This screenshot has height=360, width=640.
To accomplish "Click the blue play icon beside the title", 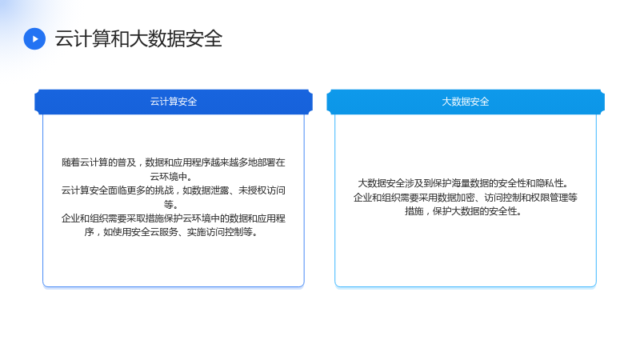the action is click(x=34, y=38).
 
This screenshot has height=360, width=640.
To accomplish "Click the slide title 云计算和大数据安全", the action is click(x=138, y=38).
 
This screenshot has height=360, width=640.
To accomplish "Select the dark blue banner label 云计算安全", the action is click(x=174, y=102).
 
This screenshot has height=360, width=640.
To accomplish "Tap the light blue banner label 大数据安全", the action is click(x=466, y=102).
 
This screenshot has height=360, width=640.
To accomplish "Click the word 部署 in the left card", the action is click(x=266, y=162).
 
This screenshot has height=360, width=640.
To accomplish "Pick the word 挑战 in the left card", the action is click(x=164, y=190).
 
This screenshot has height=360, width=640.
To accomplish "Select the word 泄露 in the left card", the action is click(x=219, y=190).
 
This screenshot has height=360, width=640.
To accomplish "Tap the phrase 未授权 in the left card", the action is click(x=252, y=190).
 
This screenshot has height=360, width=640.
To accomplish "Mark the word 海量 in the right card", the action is click(x=461, y=183).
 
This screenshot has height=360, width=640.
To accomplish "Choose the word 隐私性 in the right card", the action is click(x=549, y=183).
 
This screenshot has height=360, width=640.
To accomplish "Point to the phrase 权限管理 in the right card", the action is click(x=550, y=198).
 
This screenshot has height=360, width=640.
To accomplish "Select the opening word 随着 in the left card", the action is click(x=70, y=162).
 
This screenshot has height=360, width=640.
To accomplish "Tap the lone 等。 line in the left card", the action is click(x=171, y=205).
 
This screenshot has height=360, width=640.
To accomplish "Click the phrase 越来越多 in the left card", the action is click(x=229, y=162).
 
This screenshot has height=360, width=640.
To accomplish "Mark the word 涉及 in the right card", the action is click(x=414, y=183).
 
